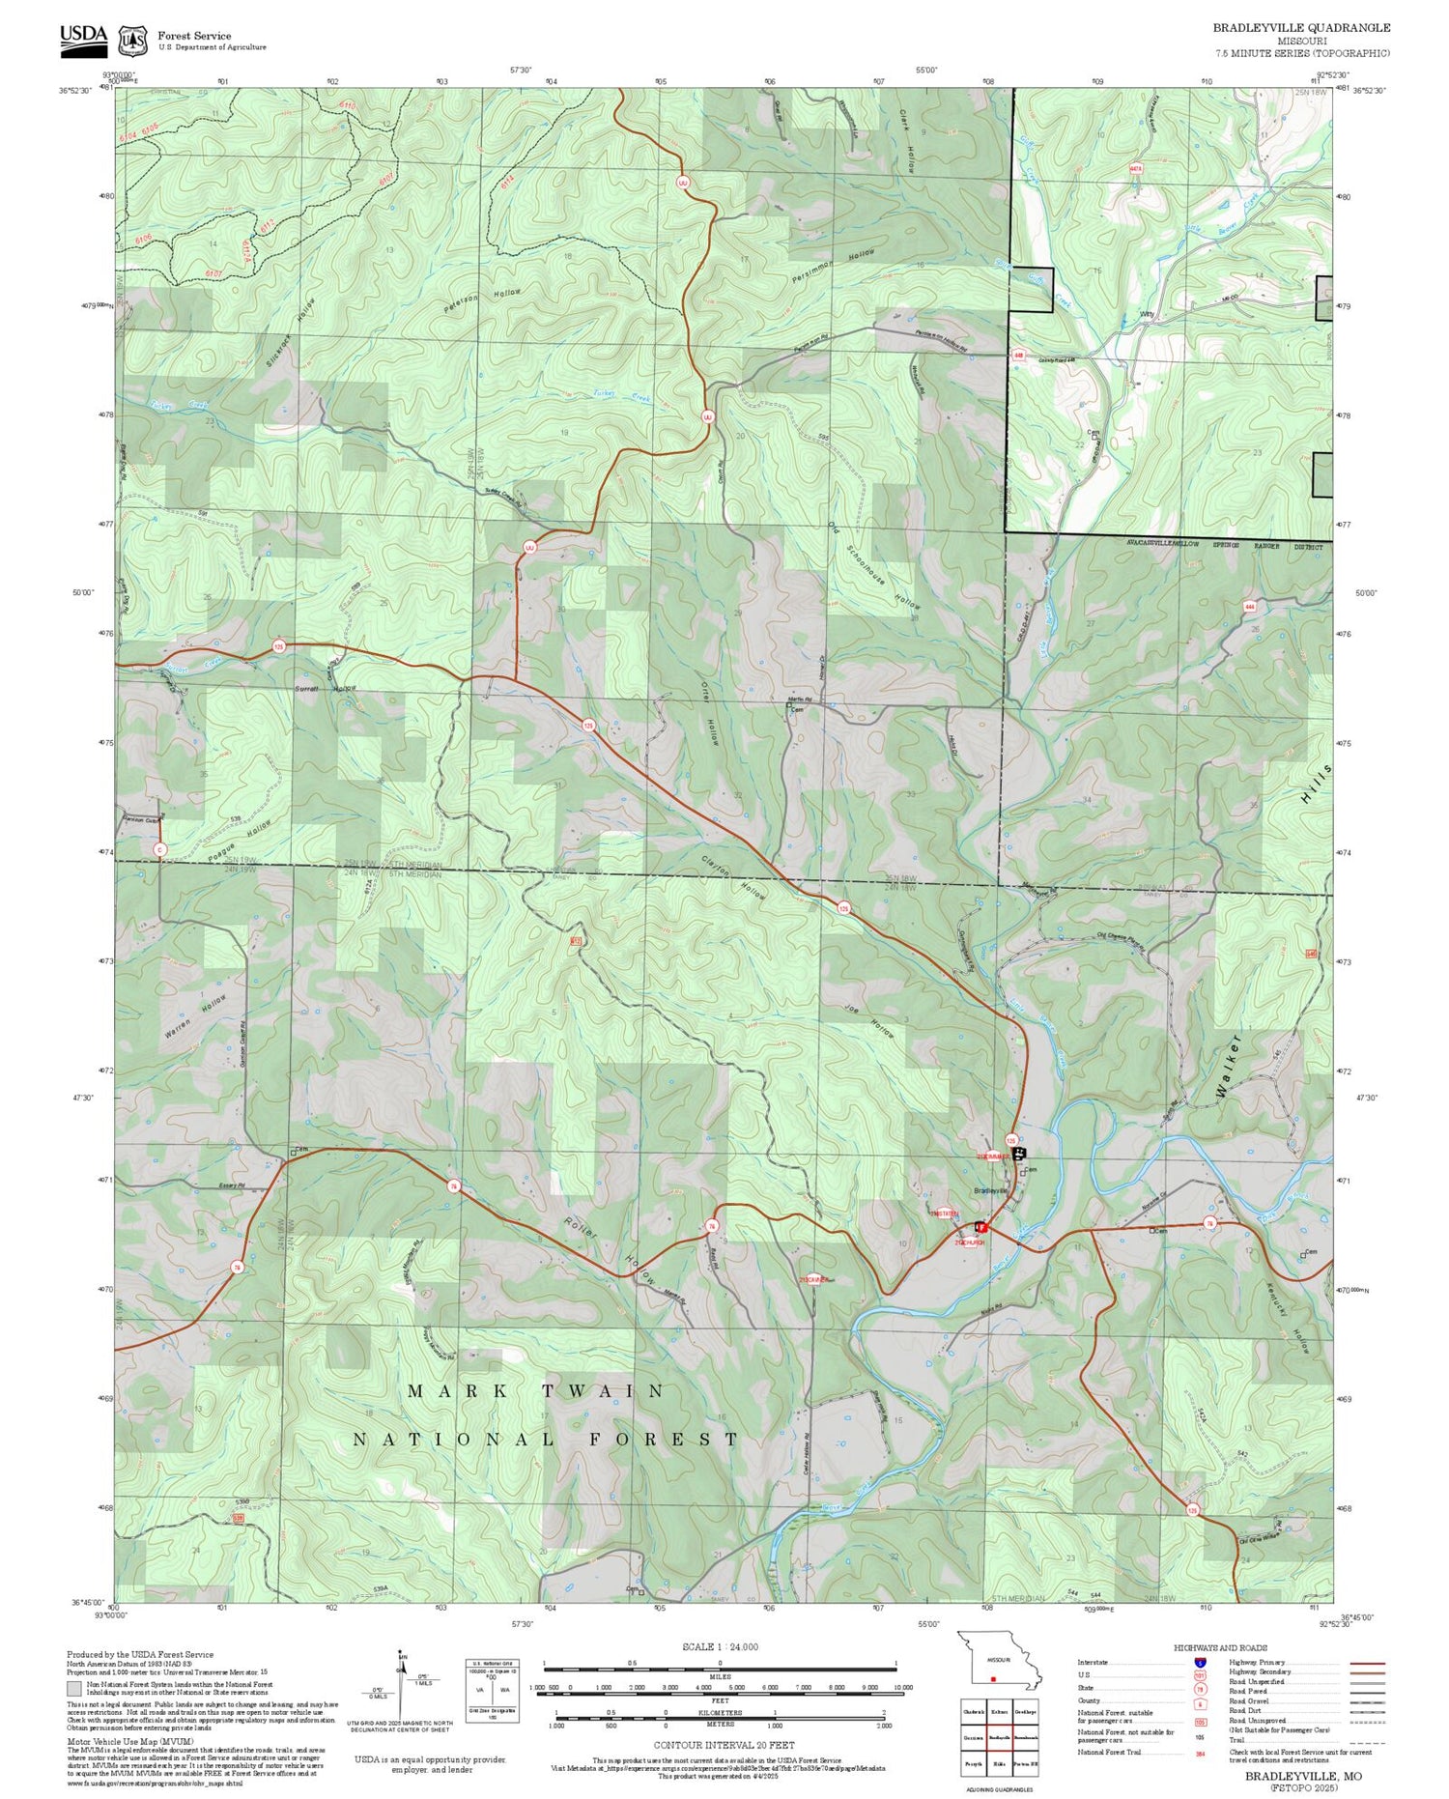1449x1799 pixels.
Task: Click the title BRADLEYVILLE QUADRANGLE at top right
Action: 1301,28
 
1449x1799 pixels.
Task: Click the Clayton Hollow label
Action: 734,875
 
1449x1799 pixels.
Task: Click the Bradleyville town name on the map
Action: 991,1190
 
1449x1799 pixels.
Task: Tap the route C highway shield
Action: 160,849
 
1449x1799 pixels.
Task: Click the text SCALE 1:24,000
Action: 720,1646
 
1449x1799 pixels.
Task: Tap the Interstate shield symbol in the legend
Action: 1200,1662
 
